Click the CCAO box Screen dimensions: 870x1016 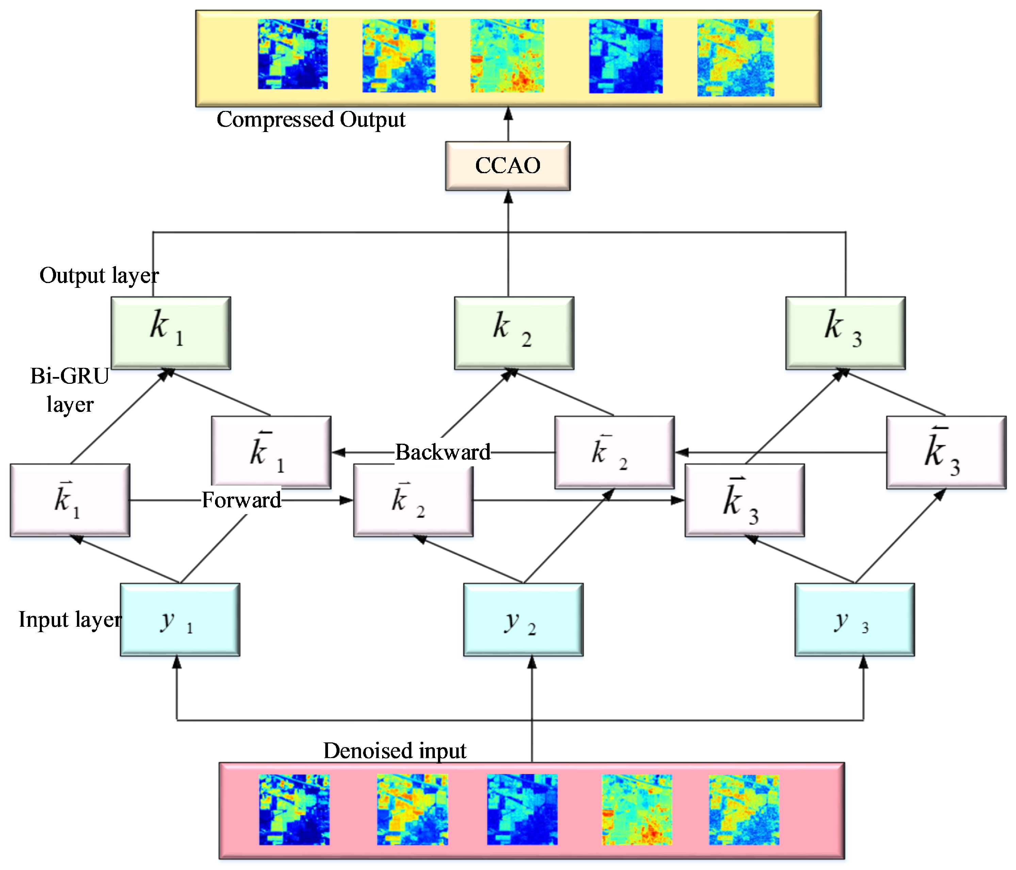(508, 166)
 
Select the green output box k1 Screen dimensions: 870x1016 (171, 333)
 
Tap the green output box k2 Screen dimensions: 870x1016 (514, 333)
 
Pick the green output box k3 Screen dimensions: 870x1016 (845, 333)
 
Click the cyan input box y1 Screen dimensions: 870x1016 (180, 619)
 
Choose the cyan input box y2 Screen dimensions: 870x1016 (523, 619)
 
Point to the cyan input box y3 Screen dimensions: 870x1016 (854, 619)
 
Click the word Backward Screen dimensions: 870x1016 (442, 452)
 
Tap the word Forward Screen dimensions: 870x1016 (241, 500)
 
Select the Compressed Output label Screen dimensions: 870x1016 (311, 119)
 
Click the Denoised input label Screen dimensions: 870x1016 (395, 750)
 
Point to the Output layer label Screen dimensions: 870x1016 (99, 275)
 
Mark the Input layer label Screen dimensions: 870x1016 (70, 619)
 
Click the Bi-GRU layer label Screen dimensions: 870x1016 (70, 390)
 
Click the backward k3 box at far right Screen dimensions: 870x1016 (946, 452)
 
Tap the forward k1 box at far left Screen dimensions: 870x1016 (70, 500)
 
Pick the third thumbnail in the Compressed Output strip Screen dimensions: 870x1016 (507, 55)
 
